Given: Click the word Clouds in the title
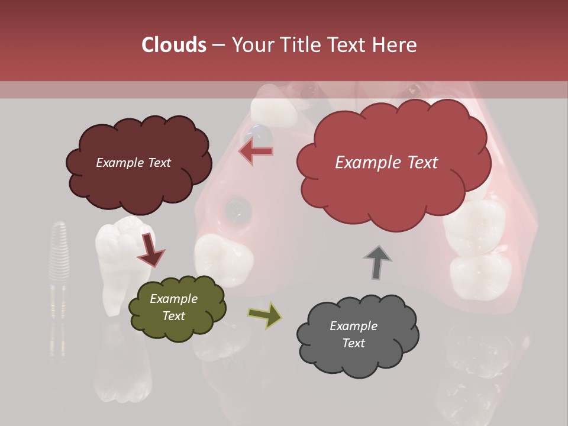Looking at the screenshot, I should click(175, 45).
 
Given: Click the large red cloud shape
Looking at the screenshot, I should click(393, 163).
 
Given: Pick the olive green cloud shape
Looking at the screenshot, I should click(177, 308).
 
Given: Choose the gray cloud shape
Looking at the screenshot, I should click(357, 334).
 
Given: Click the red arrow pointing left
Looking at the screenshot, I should click(256, 151).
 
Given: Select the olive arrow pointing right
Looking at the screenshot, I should click(264, 315).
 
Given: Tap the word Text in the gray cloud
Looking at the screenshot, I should click(353, 343).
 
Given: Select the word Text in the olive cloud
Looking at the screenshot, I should click(173, 316).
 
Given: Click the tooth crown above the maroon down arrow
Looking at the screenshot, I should click(123, 234).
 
